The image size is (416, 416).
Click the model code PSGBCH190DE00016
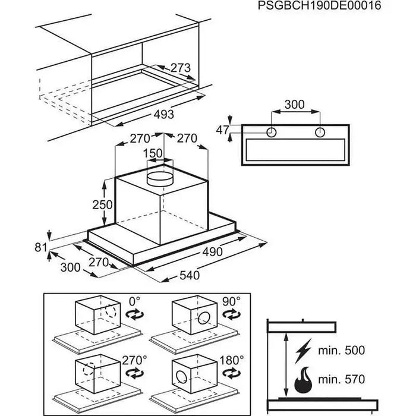coord(319,6)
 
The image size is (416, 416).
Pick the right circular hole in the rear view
coord(320,131)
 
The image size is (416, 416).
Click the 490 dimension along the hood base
coord(211,252)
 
